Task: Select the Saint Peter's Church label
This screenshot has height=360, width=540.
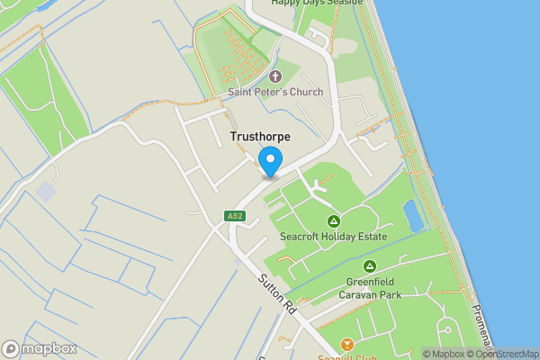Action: [x=274, y=92]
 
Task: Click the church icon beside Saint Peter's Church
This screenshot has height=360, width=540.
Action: [x=274, y=76]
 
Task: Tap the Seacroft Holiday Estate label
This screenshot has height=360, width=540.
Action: [x=333, y=237]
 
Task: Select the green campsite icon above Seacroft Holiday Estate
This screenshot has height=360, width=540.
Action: [x=333, y=221]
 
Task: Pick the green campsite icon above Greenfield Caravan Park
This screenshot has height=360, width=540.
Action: [x=370, y=266]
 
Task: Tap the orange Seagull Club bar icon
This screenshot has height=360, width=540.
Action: [x=347, y=344]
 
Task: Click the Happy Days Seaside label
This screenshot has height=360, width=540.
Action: [x=318, y=3]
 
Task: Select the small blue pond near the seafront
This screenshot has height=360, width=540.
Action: [x=414, y=215]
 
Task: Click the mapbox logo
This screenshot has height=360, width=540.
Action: [x=40, y=348]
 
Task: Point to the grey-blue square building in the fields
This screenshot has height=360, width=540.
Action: [x=46, y=191]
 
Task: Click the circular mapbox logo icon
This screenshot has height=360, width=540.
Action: [x=12, y=348]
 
